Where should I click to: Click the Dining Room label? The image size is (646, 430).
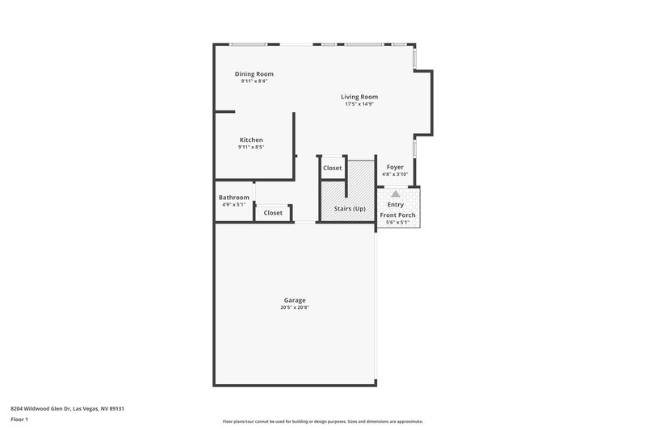(254, 74)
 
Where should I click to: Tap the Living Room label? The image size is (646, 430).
(359, 97)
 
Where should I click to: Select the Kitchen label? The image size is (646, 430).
(251, 140)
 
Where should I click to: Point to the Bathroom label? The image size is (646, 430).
(234, 198)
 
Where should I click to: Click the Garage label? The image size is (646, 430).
(294, 300)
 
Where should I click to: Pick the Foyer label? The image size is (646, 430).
(395, 167)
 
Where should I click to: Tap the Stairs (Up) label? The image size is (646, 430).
(350, 209)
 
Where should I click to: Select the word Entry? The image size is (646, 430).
(396, 205)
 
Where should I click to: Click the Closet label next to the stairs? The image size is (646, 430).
(333, 168)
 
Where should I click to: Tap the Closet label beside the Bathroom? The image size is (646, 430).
(273, 213)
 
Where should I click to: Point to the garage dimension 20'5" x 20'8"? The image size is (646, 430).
(294, 307)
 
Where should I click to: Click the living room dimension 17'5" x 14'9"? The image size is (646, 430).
(359, 104)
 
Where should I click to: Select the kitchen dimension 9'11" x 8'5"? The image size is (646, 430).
(251, 147)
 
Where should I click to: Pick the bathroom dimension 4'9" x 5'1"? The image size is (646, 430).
(234, 205)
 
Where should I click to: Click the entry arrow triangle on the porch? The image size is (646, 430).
(395, 194)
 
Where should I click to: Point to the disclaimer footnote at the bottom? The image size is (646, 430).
(322, 421)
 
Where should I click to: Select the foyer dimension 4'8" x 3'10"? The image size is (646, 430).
(395, 174)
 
